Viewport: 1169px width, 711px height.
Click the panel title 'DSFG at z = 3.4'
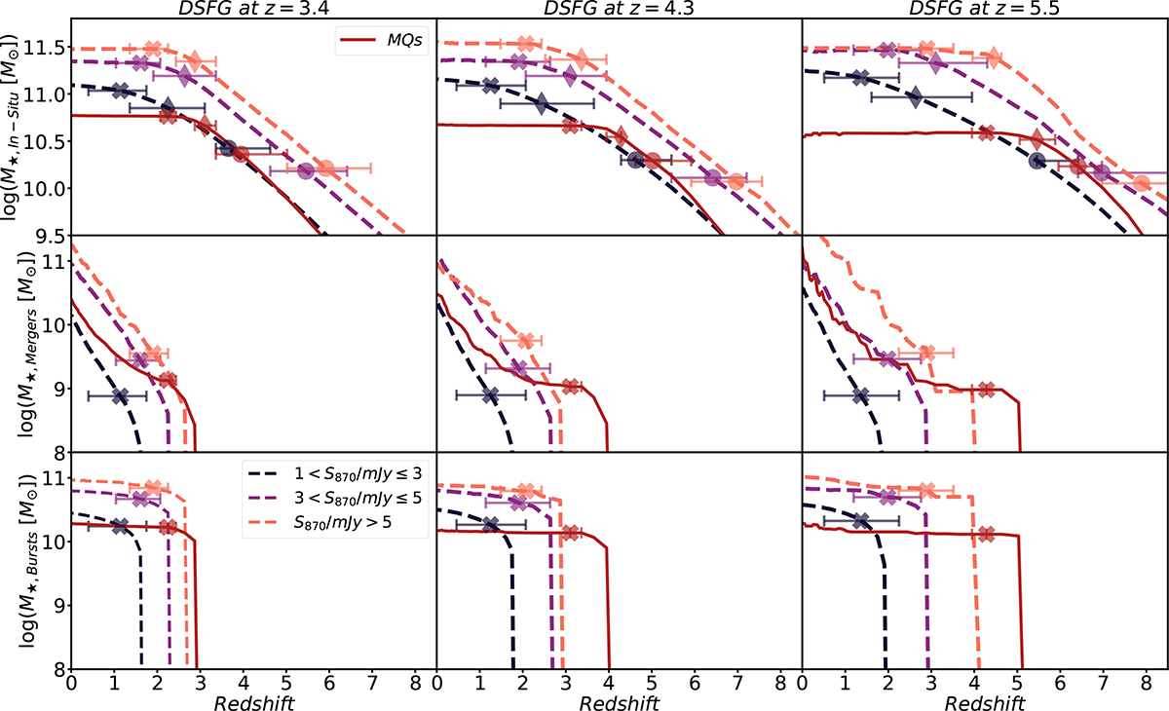(x=253, y=9)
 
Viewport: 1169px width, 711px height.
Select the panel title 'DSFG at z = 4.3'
(x=620, y=9)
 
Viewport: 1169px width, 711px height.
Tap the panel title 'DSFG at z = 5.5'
(x=985, y=9)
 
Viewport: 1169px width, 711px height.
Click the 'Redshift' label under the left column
(x=253, y=699)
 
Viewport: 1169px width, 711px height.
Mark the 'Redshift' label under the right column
(x=985, y=699)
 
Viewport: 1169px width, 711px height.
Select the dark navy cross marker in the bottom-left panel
(x=120, y=525)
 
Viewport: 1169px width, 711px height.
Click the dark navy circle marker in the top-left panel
(x=228, y=148)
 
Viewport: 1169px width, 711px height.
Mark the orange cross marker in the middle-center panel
(x=527, y=341)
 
